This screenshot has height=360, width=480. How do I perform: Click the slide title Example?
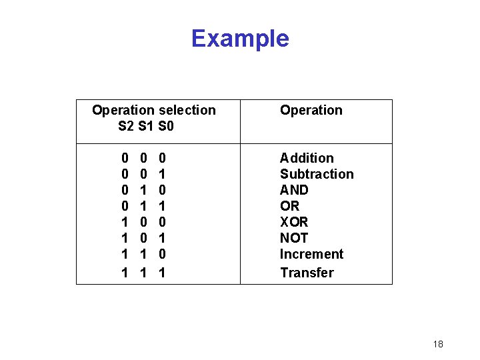point(240,39)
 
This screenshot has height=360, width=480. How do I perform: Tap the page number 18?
point(438,344)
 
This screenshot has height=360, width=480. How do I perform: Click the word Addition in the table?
point(307,158)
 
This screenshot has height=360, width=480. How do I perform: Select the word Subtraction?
point(317,174)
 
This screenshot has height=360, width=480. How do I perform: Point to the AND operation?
point(294,190)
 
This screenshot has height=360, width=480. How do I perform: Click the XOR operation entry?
point(294,222)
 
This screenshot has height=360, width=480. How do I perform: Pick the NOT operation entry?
point(294,238)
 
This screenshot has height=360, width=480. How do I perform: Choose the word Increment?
point(311,254)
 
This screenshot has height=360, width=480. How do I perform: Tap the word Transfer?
point(307,272)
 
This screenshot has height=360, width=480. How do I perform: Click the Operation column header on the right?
point(311,110)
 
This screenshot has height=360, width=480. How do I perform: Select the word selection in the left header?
point(187,110)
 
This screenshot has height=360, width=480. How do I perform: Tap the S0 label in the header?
point(165,125)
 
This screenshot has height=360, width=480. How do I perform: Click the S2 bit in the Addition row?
point(125,158)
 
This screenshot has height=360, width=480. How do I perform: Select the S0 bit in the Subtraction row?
point(162,174)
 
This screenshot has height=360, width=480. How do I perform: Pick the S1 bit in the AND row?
point(143,190)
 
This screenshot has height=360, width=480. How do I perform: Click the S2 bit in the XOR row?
point(125,222)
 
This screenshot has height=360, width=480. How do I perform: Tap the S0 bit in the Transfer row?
point(162,272)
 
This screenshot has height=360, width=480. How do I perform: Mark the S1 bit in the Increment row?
point(143,254)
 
